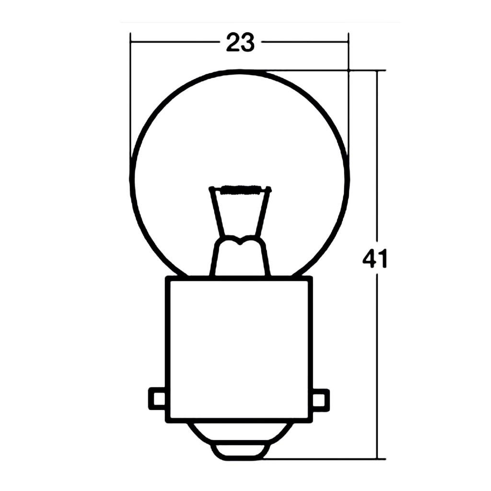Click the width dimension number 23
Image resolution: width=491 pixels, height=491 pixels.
pos(240,43)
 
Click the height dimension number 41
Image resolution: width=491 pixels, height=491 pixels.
pos(374,259)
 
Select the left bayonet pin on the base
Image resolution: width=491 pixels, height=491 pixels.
pos(157,398)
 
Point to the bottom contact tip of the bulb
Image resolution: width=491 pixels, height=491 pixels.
pos(240,452)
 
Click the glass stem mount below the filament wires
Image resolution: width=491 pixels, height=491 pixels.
pos(240,257)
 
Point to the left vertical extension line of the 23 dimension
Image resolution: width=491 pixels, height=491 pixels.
pos(130,96)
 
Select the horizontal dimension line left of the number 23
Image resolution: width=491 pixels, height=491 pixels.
pos(173,42)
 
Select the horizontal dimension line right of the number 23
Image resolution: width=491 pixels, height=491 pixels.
pos(304,42)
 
